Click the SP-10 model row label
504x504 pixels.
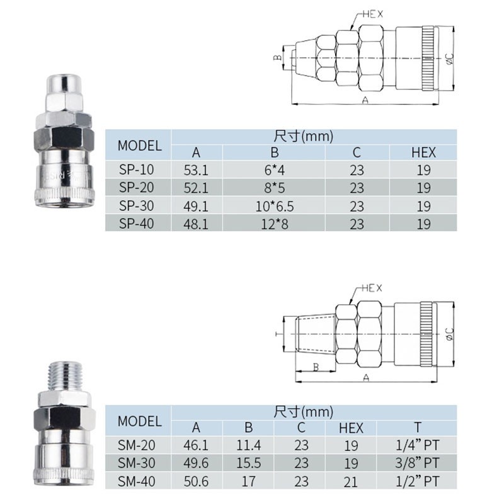pos(136,169)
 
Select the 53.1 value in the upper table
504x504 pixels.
pos(196,170)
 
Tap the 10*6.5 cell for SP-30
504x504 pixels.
pos(275,207)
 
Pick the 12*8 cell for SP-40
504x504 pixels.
pos(275,224)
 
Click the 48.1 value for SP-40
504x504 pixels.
pos(196,224)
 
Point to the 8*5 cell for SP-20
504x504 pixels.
pos(275,188)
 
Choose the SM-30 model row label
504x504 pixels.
pos(136,463)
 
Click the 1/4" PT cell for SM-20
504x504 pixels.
pos(417,445)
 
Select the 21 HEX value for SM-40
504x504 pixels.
pos(351,482)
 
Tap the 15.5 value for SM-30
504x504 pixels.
pos(248,463)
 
